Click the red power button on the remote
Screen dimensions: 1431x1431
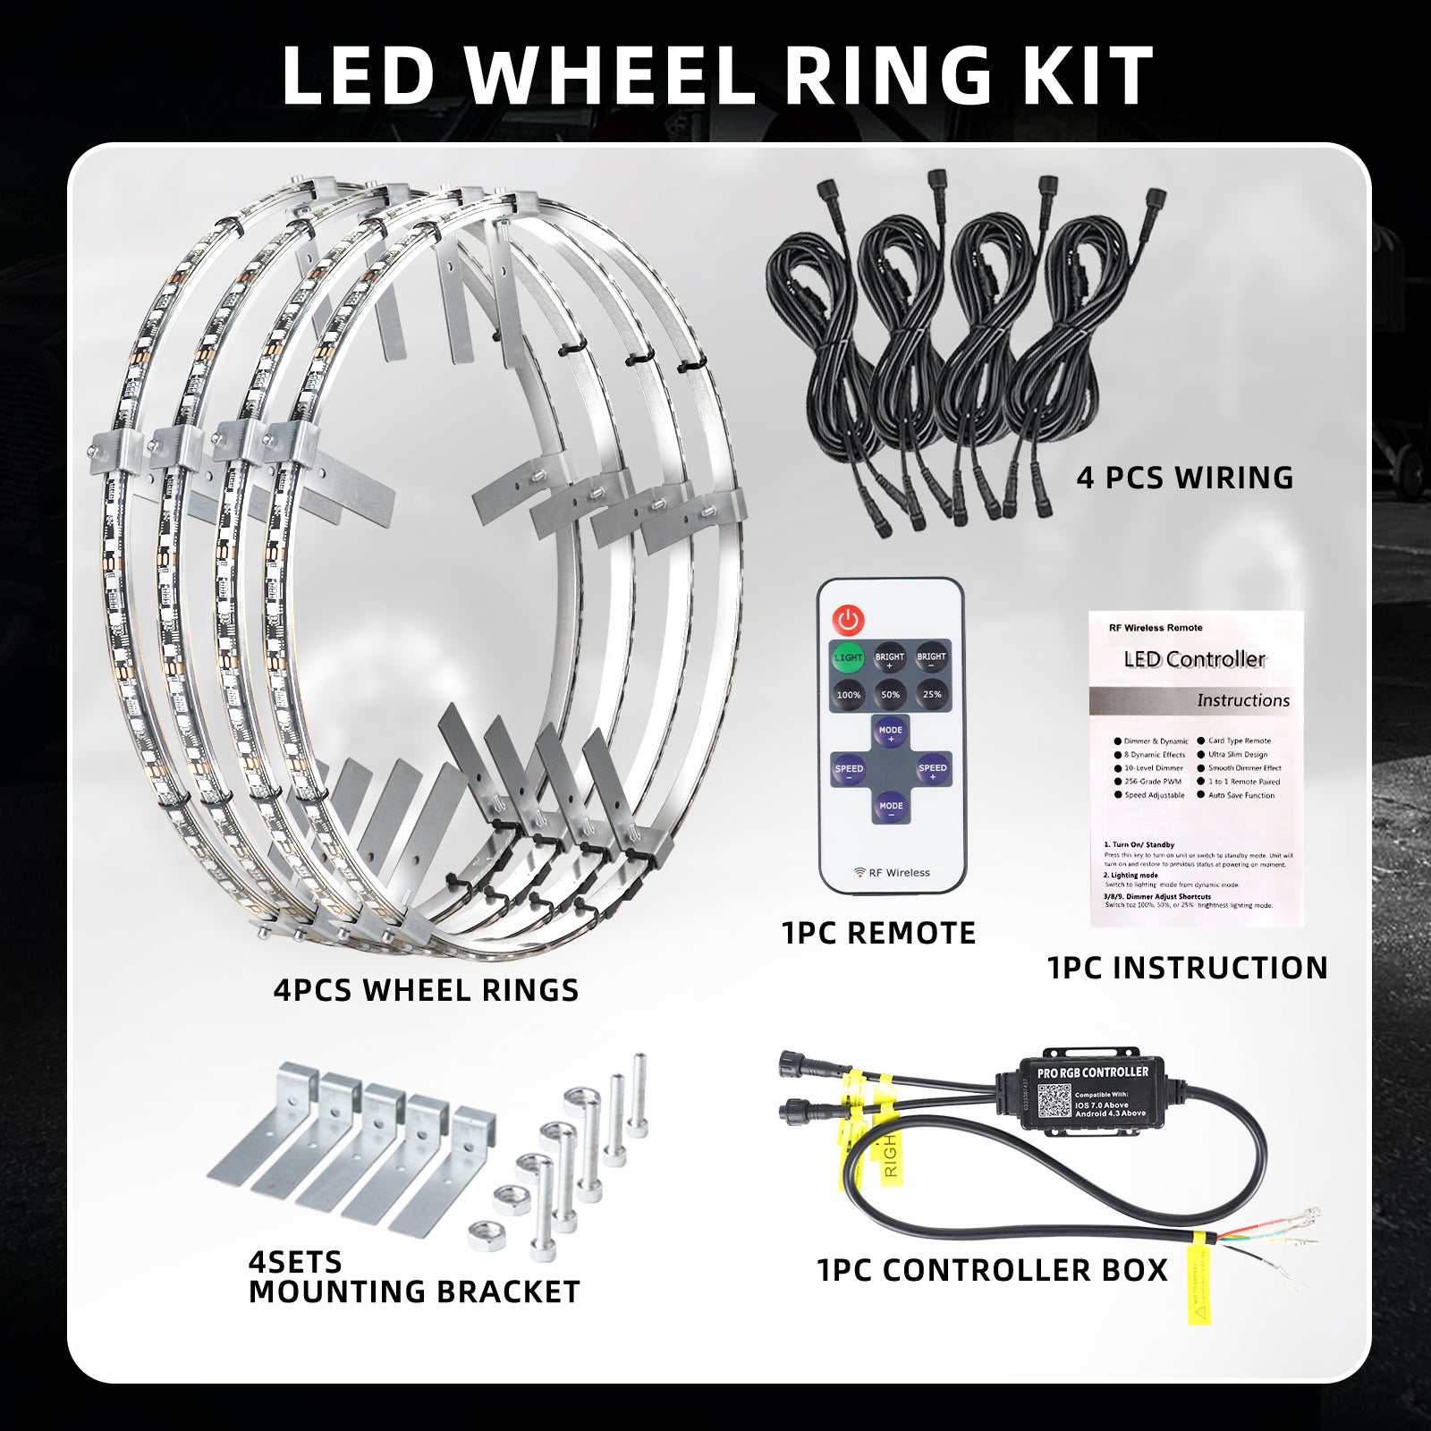point(848,618)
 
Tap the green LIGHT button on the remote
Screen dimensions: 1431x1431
point(848,657)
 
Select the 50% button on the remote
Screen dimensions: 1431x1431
point(890,694)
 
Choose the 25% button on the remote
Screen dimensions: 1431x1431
point(931,694)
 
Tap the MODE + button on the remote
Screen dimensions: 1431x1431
point(890,734)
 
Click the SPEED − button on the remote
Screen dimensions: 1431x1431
point(849,772)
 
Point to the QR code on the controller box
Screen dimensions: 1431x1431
point(1054,1102)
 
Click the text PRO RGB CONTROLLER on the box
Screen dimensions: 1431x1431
point(1092,1072)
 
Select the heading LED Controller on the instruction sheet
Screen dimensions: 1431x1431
point(1194,660)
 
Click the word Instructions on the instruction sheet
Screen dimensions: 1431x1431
point(1243,700)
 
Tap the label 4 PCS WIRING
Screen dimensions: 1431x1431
point(1185,478)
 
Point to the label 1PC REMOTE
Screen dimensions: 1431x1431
point(878,933)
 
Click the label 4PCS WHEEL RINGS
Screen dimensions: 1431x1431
point(426,990)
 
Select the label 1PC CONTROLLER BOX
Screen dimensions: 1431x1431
point(993,1270)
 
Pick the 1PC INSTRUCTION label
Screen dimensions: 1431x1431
point(1187,968)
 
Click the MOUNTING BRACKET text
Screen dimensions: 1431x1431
point(414,1291)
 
